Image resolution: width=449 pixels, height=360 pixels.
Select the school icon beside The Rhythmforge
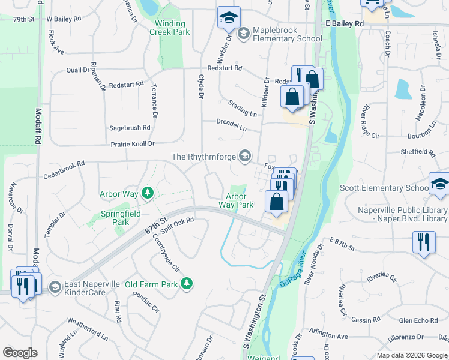click(x=244, y=157)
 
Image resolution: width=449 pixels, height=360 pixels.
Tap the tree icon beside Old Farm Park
click(x=187, y=283)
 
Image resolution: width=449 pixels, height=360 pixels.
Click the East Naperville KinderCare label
click(x=85, y=288)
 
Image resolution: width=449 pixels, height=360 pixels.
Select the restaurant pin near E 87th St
click(x=424, y=242)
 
